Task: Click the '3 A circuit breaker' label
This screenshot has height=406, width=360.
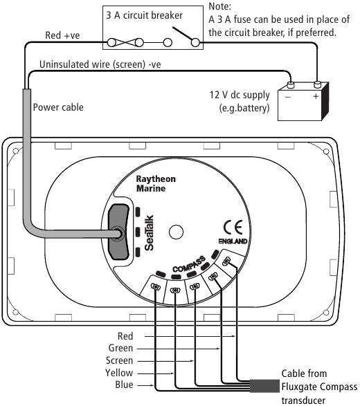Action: point(145,15)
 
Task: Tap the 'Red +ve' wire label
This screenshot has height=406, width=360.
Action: point(62,35)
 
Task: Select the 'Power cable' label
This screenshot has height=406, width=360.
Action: point(58,107)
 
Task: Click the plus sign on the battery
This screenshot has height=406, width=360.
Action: point(316,96)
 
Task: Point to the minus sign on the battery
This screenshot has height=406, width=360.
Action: point(288,97)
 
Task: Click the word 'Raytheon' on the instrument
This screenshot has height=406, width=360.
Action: point(156,179)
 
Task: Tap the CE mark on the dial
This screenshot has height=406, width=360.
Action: point(233,228)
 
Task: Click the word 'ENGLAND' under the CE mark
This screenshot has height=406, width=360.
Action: point(233,241)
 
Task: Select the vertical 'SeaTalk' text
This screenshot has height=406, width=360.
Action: point(149,233)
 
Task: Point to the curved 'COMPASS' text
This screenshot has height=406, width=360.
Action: point(189,264)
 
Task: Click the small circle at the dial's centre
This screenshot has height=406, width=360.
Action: point(177,232)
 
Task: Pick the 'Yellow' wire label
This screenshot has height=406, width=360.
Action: point(119,373)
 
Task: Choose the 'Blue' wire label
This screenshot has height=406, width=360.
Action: point(124,385)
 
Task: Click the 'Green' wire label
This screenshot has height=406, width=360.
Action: point(120,348)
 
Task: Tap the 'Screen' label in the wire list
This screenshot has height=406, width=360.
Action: point(119,360)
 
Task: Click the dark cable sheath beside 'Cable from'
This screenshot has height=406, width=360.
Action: point(264,386)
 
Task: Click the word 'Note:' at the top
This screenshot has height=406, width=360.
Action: point(219,6)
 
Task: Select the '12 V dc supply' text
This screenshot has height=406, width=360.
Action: point(240,95)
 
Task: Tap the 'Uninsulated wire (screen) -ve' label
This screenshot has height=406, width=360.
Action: point(100,64)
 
